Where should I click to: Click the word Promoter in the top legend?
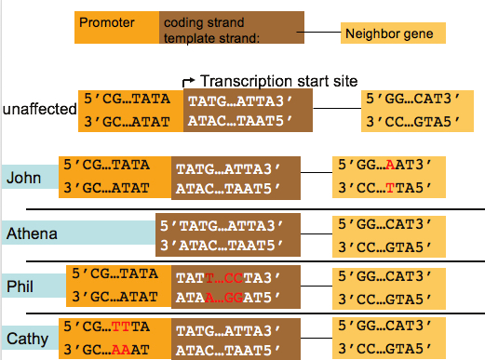[x=107, y=21]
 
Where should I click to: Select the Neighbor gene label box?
[x=393, y=34]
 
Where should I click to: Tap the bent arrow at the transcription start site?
[x=189, y=82]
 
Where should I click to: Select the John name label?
[x=24, y=177]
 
